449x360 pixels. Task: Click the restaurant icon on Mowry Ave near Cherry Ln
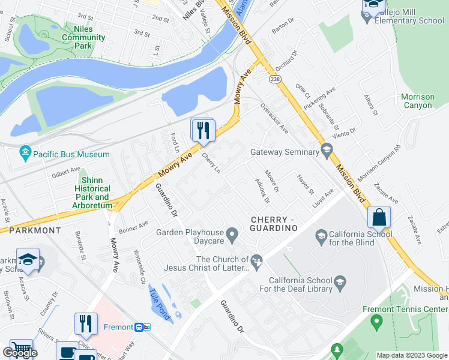(x=203, y=129)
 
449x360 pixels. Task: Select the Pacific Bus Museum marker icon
(x=25, y=154)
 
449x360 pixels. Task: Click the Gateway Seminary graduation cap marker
(x=327, y=151)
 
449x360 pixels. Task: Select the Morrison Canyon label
(x=417, y=101)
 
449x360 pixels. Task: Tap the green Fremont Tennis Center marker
(x=376, y=323)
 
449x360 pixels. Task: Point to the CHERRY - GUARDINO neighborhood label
(x=274, y=224)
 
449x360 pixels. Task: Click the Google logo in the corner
(x=20, y=353)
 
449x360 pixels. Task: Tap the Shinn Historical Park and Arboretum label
(x=92, y=193)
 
